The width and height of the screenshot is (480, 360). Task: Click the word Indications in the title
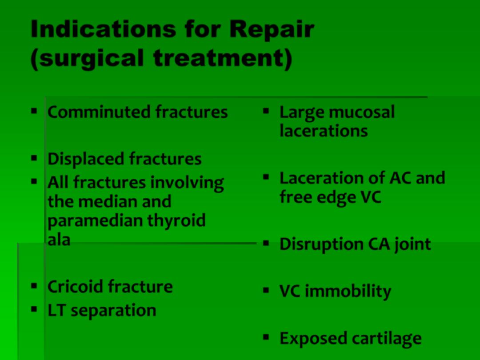(104, 29)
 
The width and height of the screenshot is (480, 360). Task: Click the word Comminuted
(99, 112)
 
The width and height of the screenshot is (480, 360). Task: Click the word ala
(59, 240)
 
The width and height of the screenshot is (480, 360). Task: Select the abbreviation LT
(56, 310)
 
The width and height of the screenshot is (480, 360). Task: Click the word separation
(113, 311)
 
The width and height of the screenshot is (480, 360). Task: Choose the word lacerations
(324, 131)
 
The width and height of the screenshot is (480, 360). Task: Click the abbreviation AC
(400, 178)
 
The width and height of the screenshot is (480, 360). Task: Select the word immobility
(348, 291)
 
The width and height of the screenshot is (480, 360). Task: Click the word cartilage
(387, 339)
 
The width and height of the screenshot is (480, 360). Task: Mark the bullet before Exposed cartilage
(266, 337)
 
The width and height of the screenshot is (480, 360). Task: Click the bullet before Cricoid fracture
(34, 286)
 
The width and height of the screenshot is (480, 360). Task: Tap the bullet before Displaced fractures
(34, 158)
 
